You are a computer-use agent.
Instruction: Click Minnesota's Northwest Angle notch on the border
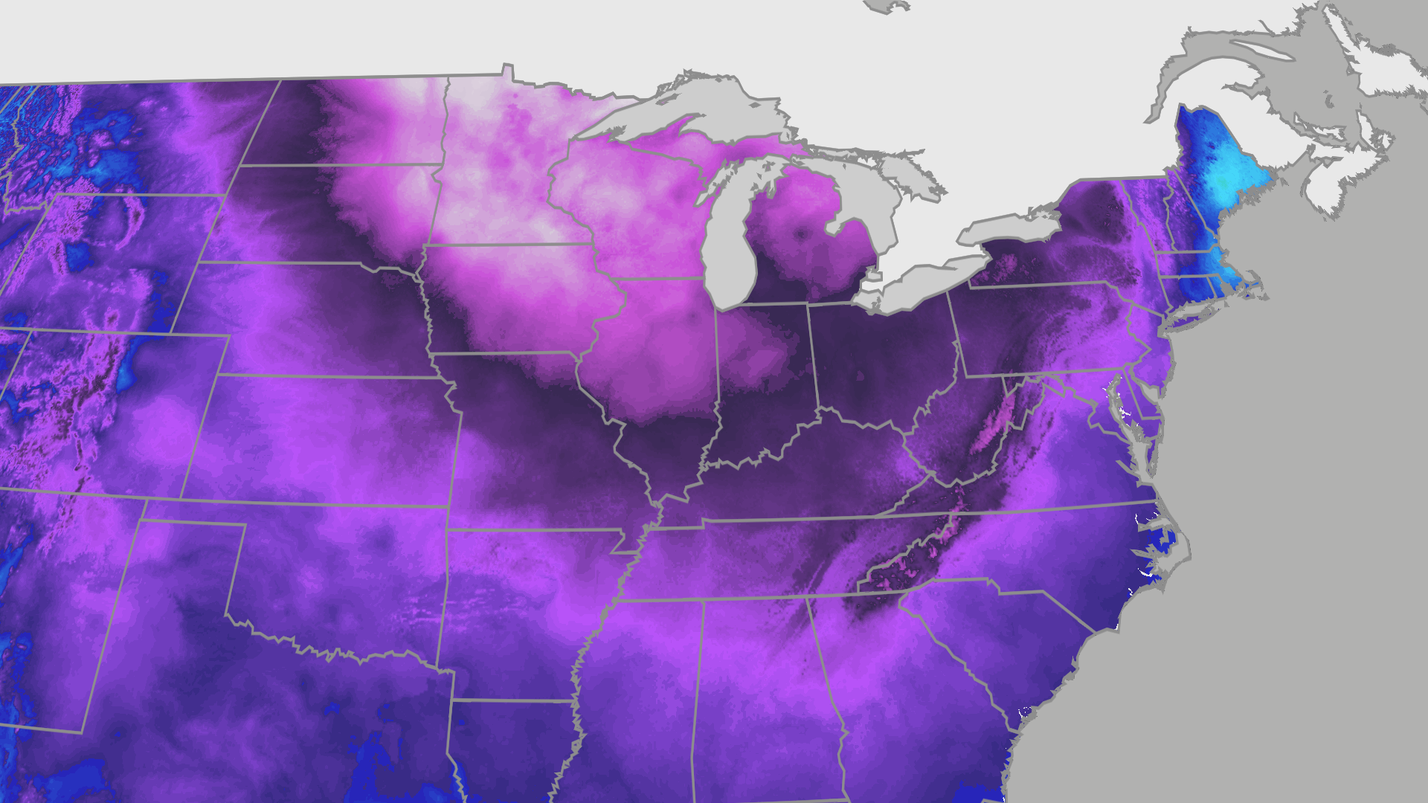coord(508,70)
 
